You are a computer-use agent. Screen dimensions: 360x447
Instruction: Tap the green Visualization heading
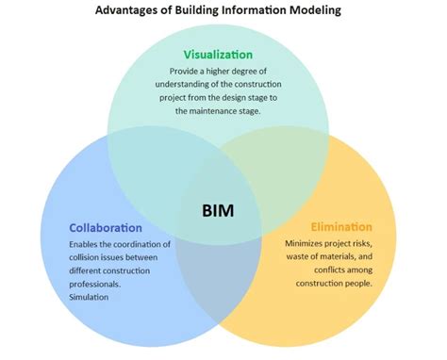point(217,54)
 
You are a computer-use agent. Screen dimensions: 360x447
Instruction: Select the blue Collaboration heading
point(106,228)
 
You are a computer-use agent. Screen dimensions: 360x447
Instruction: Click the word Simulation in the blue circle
point(91,297)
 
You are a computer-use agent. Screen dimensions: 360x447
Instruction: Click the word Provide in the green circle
point(187,71)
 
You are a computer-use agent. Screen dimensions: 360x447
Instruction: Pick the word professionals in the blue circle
point(95,284)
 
